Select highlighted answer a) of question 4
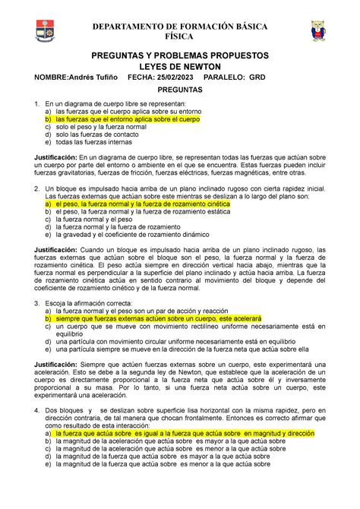pyautogui.click(x=179, y=432)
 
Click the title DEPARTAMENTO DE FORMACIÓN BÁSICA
pyautogui.click(x=179, y=27)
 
